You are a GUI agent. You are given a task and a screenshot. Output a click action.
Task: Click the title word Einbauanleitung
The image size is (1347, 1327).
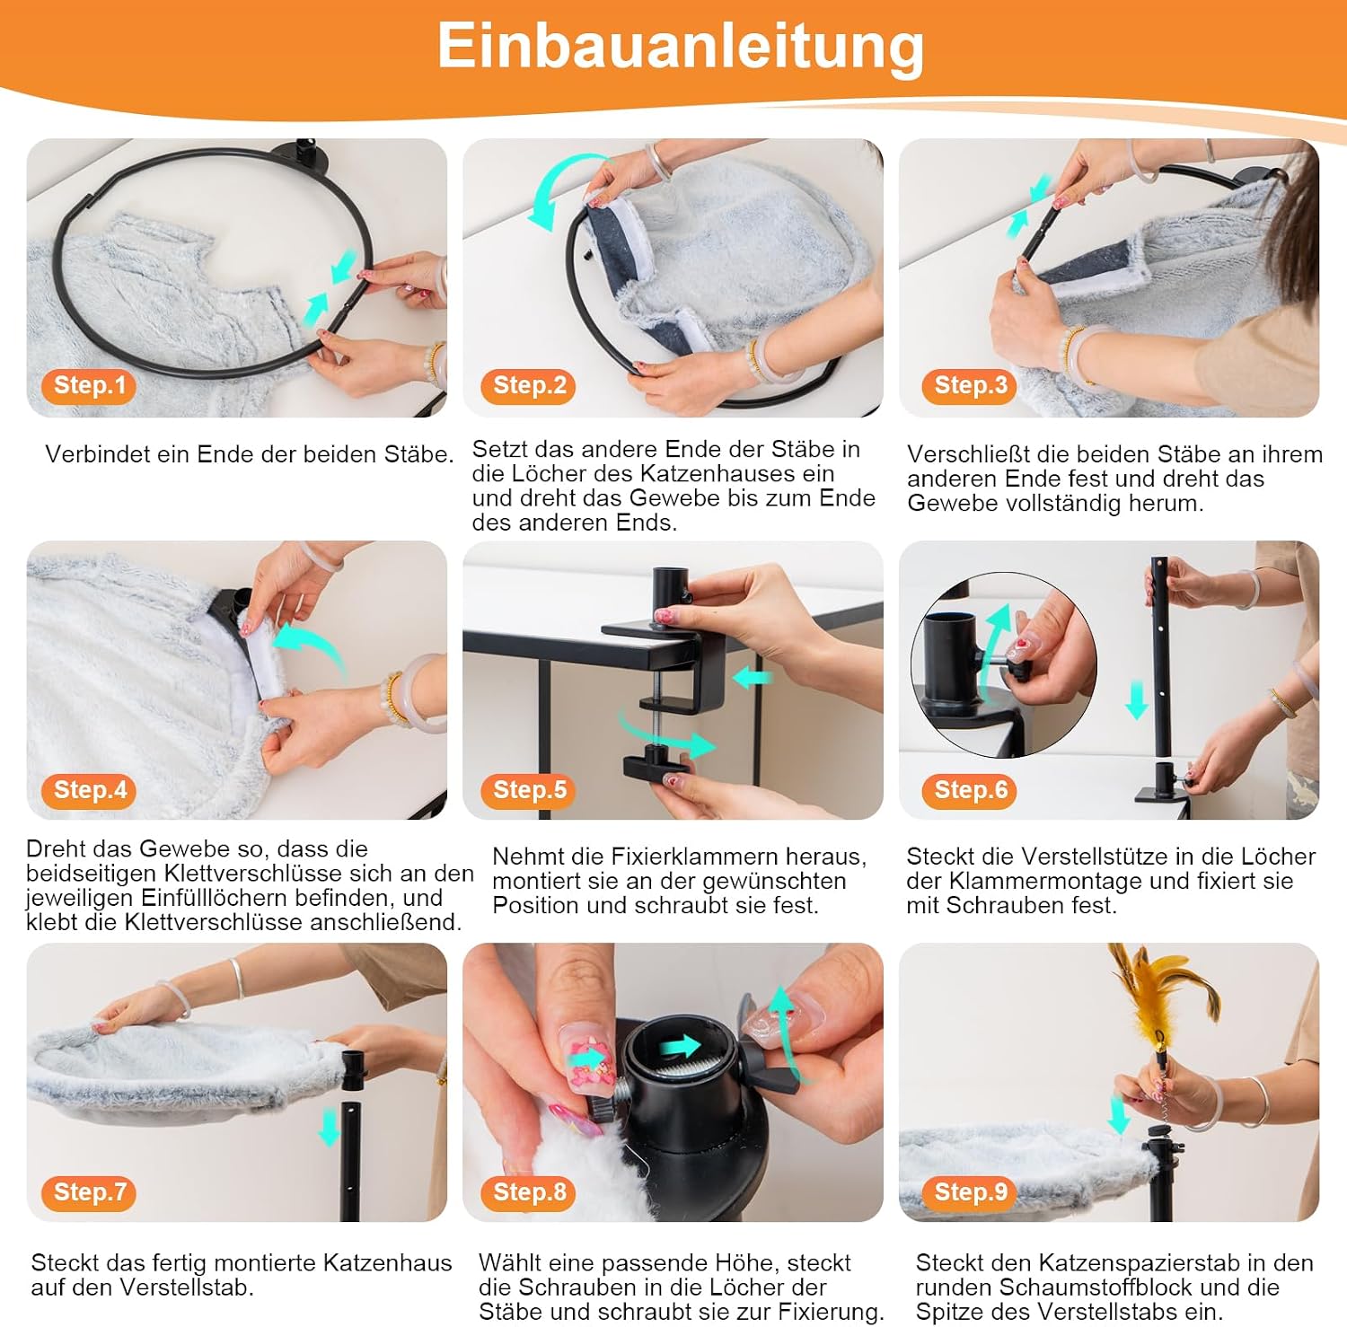(x=680, y=47)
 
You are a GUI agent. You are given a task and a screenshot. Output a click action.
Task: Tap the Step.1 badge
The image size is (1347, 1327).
(x=88, y=386)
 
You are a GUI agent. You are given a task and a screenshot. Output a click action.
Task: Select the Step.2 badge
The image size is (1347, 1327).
(x=529, y=386)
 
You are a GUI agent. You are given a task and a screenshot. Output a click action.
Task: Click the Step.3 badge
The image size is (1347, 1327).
(x=970, y=386)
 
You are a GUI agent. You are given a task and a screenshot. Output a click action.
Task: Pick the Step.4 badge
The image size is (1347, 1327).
(x=88, y=790)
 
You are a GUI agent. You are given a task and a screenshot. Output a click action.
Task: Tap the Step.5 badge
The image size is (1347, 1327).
(x=529, y=790)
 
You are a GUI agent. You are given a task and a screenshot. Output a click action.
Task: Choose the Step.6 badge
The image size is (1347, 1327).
(x=970, y=790)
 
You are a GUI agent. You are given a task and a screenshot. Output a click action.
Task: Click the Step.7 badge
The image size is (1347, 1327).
(x=88, y=1192)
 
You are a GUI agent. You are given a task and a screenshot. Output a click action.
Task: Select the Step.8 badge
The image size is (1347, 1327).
(x=529, y=1192)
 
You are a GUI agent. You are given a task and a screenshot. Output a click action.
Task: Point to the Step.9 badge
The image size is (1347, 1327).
(x=970, y=1192)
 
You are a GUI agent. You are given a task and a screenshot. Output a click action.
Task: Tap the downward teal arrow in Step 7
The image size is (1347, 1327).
(x=330, y=1128)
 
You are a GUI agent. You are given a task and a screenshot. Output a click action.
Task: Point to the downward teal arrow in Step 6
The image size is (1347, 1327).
(x=1137, y=699)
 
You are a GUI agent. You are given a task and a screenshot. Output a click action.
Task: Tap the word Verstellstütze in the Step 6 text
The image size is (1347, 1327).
(x=1061, y=857)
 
